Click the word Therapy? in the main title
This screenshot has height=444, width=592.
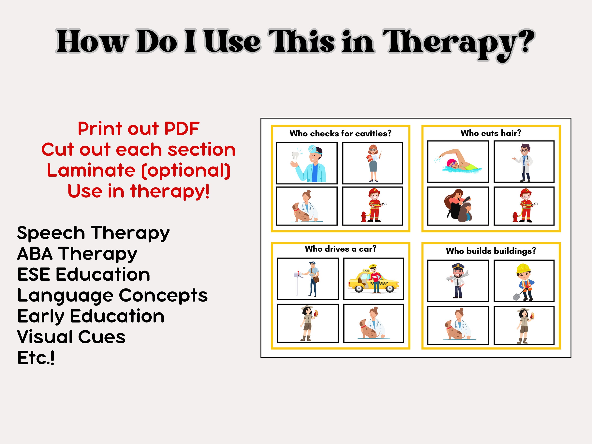click(458, 43)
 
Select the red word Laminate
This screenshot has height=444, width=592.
click(91, 170)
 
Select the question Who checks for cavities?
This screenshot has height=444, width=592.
click(340, 133)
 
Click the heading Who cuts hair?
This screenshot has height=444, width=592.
click(491, 133)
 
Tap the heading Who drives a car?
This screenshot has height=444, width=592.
click(340, 249)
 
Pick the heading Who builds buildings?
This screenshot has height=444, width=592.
click(491, 251)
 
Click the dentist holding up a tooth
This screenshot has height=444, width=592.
click(310, 163)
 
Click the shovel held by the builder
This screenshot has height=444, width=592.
click(517, 295)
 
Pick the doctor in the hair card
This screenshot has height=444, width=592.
click(524, 162)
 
